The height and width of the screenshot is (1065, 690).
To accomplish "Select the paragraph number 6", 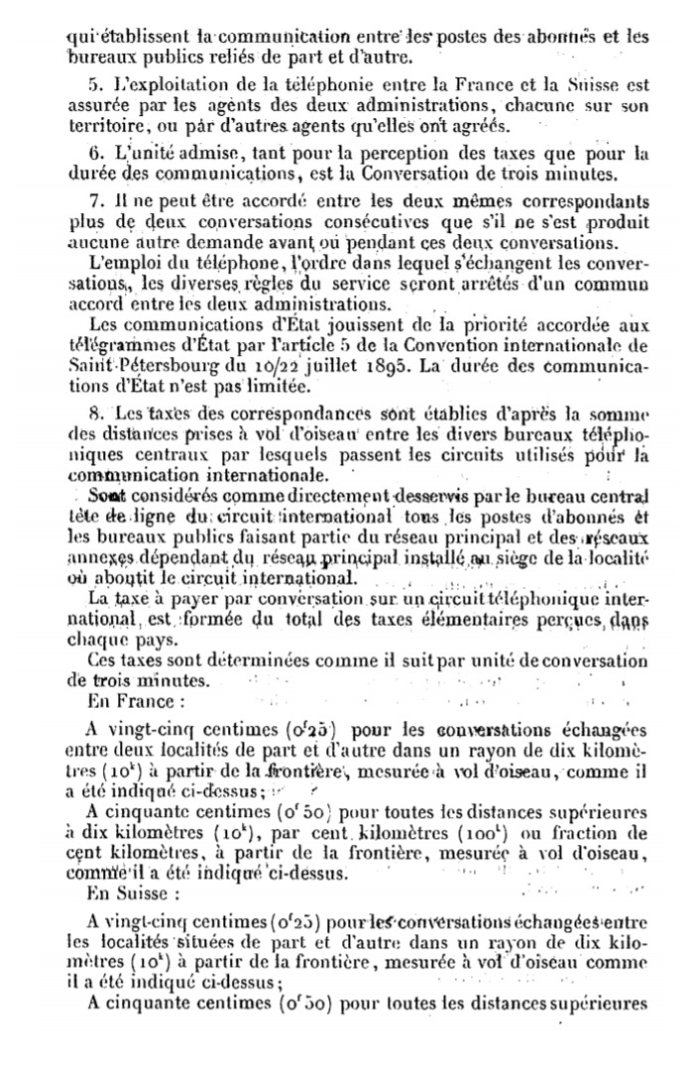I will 93,154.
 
